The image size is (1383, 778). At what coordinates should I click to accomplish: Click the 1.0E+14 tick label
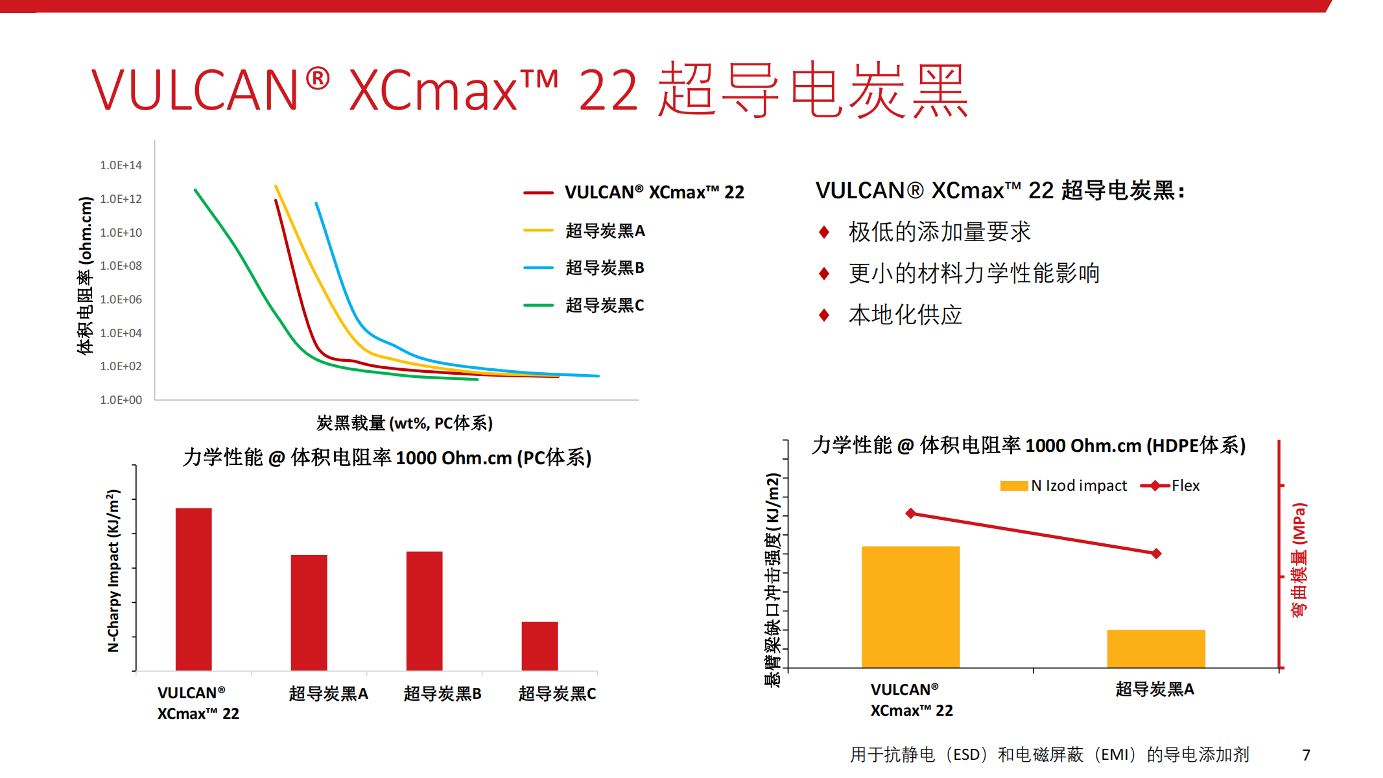pos(121,165)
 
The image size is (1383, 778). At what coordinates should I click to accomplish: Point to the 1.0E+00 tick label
pos(121,400)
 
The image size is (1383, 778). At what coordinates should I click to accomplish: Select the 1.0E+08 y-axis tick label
pos(121,266)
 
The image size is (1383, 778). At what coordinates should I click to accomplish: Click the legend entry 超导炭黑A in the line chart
pos(605,231)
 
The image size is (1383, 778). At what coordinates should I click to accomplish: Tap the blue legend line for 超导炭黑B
pos(538,268)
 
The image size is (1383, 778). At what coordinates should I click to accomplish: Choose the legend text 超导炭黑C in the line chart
pos(604,305)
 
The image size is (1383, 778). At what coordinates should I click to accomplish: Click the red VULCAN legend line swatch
pos(538,193)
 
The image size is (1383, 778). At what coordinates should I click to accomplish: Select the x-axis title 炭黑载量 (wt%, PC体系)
pos(404,423)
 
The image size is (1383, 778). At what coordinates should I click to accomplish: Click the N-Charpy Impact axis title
pos(113,571)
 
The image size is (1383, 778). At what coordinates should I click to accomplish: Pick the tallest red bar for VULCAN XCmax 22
pos(193,589)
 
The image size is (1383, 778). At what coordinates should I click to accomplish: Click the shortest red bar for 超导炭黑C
pos(539,646)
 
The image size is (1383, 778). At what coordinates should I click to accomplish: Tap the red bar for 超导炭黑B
pos(424,611)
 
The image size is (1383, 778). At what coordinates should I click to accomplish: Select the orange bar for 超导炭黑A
pos(1155,648)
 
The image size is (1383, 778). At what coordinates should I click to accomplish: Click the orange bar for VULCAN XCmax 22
pos(910,607)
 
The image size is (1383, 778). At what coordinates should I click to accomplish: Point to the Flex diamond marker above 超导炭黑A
pos(1156,554)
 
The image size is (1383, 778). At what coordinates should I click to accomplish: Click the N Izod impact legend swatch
pos(1013,486)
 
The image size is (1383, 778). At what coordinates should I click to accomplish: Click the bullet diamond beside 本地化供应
pos(824,315)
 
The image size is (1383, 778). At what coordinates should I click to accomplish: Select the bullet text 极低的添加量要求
pos(939,232)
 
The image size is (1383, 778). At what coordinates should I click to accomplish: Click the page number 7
pos(1306,755)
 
